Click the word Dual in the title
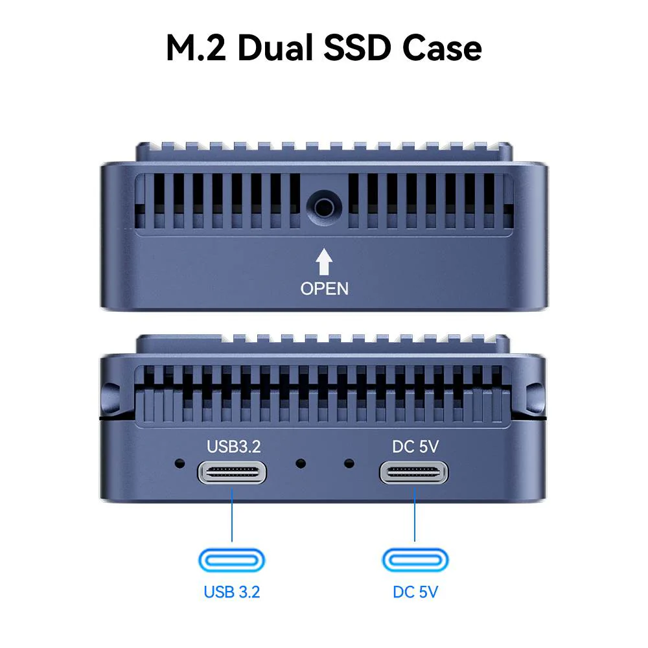coord(275,48)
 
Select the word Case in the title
coord(442,48)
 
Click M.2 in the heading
coord(196,48)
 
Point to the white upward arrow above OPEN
coord(324,262)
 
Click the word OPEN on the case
coord(325,289)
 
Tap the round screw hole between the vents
coord(324,207)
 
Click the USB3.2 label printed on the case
coord(233,446)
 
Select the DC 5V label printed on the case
coord(415,446)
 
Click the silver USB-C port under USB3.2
coord(232,472)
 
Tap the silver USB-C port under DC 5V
coord(414,472)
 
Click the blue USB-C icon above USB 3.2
coord(232,561)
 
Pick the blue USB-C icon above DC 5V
coord(415,561)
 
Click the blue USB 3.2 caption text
coord(232,592)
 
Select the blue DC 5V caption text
coord(415,592)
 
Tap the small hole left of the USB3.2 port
coord(179,463)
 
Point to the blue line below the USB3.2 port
coord(232,515)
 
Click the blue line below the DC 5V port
coord(415,515)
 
